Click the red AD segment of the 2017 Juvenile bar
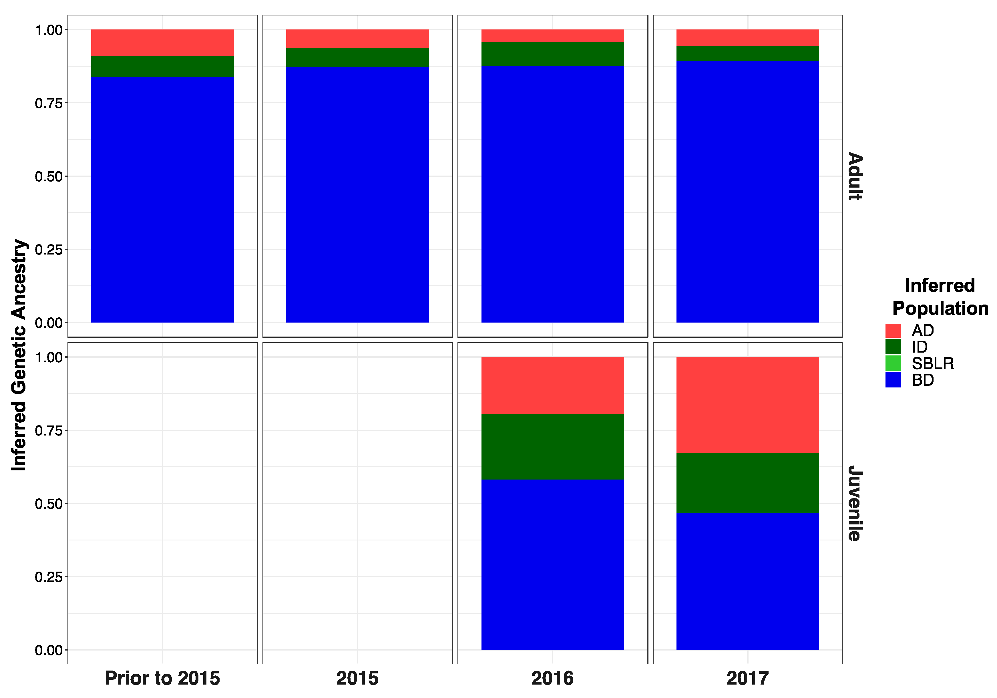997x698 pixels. tap(747, 405)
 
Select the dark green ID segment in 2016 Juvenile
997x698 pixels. tap(552, 447)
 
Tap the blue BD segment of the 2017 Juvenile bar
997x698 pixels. tap(747, 581)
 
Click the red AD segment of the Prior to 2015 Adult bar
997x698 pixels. tap(162, 43)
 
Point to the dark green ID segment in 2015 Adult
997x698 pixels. tap(357, 57)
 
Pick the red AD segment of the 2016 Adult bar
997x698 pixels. tap(552, 36)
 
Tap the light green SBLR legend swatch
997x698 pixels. tap(893, 363)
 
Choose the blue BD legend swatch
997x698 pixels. tap(893, 380)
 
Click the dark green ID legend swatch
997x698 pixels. tap(893, 347)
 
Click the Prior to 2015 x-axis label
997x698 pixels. tap(162, 678)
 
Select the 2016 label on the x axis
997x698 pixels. tap(552, 678)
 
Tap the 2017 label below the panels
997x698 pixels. tap(747, 678)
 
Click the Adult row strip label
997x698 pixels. tap(855, 176)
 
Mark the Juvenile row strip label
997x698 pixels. tap(855, 503)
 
